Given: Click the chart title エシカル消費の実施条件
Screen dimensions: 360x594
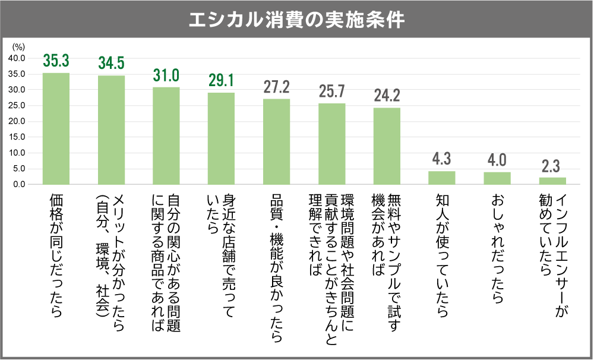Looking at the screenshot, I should click(x=296, y=20).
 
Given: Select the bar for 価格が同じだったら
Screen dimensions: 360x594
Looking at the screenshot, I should click(x=56, y=128).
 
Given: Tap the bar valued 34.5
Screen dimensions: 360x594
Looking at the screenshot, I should click(x=111, y=130).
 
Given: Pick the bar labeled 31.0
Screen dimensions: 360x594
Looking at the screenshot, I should click(x=166, y=135).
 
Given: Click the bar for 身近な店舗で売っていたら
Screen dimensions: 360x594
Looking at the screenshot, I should click(x=221, y=138).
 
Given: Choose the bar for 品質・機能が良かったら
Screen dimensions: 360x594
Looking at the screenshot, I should click(x=276, y=141).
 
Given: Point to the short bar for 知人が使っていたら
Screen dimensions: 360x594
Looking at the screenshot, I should click(x=441, y=178).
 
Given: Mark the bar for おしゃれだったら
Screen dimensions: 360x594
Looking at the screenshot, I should click(x=497, y=178).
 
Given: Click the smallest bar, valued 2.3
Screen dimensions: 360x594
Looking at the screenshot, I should click(x=552, y=181).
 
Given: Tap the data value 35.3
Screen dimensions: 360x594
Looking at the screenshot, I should click(x=56, y=61).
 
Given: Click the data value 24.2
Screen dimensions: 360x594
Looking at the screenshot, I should click(x=387, y=96).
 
